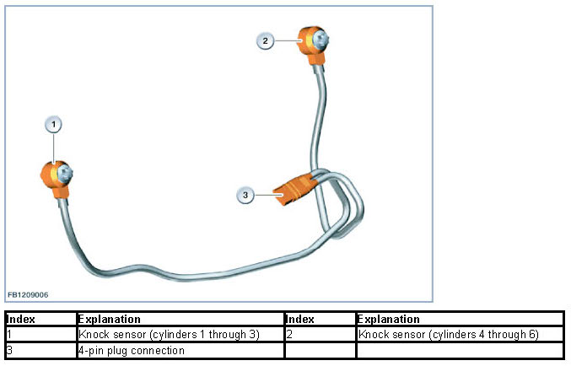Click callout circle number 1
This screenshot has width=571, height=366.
[x=53, y=125]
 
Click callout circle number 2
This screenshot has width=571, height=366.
[x=265, y=40]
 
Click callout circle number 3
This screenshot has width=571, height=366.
[x=245, y=195]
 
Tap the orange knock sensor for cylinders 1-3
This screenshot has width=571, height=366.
[x=54, y=177]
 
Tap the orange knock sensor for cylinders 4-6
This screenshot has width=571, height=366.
[x=312, y=42]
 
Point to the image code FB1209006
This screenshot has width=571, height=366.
[x=28, y=295]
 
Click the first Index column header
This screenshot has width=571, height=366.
[x=20, y=320]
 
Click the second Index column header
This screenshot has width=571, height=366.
[x=300, y=320]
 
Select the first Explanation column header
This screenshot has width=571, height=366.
[x=109, y=320]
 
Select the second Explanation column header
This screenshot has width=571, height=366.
[x=388, y=320]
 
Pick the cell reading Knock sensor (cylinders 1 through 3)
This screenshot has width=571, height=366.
[x=169, y=335]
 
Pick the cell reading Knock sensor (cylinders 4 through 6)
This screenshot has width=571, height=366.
[x=449, y=335]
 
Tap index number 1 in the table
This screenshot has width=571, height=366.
[x=8, y=335]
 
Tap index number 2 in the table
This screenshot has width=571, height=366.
[x=289, y=335]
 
